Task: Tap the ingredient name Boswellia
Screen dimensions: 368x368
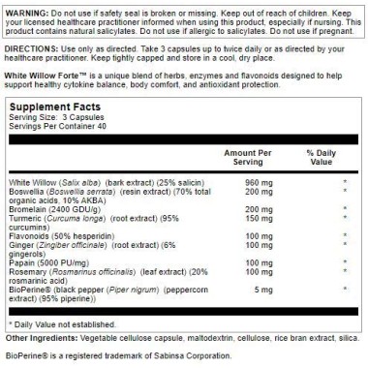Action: click(x=26, y=190)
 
